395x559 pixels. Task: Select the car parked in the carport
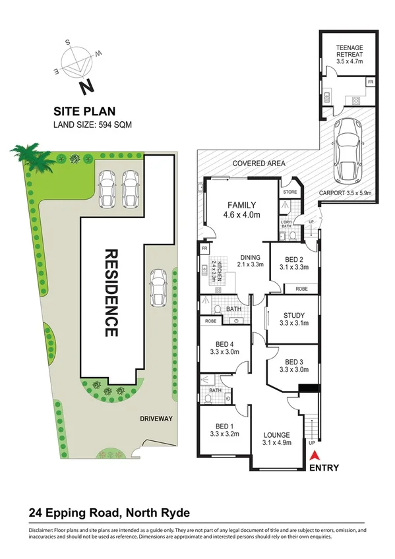coord(349,150)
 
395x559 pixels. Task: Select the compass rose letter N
coord(86,86)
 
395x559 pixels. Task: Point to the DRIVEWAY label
coord(156,419)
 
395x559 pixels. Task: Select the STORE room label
coord(290,192)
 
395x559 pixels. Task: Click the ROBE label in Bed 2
coord(301,289)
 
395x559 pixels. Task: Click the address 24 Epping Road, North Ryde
coord(109,512)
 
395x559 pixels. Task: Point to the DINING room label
coord(251,257)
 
